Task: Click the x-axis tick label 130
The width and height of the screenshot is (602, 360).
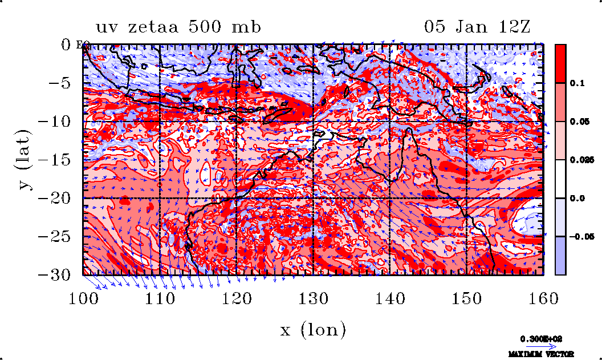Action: [x=314, y=298]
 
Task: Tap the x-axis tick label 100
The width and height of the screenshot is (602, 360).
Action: [x=84, y=298]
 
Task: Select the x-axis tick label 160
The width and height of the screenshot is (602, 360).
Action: [x=543, y=298]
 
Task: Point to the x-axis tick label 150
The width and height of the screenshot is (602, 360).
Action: [x=467, y=298]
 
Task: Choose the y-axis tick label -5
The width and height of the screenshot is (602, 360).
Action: [x=64, y=83]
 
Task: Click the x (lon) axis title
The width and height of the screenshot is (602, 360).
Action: [x=314, y=329]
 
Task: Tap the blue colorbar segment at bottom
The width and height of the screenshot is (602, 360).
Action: [x=560, y=256]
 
